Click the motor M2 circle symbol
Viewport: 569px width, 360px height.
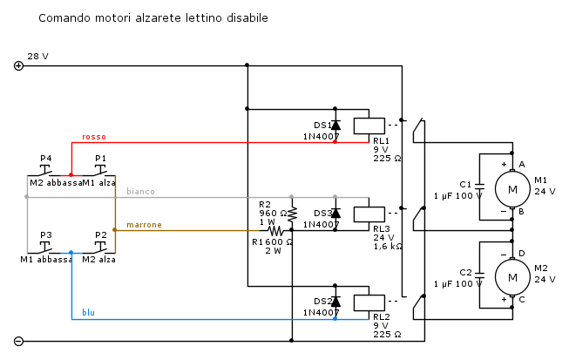coord(512,277)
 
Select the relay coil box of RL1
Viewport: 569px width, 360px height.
coord(369,125)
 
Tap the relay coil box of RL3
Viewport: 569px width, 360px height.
coord(369,213)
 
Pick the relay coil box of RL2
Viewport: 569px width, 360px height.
coord(369,302)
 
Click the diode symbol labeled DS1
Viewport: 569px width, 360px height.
coord(335,125)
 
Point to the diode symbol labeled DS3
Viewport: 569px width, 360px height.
coord(335,213)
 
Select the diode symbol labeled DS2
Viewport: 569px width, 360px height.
coord(335,302)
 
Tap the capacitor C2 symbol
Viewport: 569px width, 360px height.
coord(481,277)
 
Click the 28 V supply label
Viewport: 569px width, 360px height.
coord(37,56)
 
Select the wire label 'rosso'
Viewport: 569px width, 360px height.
coord(94,137)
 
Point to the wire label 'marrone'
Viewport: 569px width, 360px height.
coord(144,225)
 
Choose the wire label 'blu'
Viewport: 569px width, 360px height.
coord(88,312)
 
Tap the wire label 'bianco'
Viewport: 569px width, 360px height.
coord(140,191)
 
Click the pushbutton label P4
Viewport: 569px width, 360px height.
coord(46,158)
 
